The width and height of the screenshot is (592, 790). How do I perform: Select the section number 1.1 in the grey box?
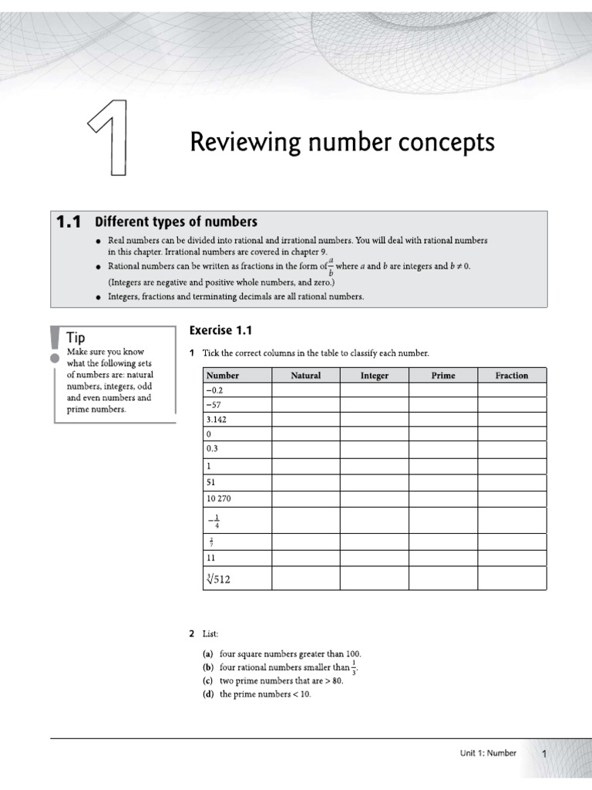click(x=69, y=222)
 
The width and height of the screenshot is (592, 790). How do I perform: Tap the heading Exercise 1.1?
click(x=220, y=330)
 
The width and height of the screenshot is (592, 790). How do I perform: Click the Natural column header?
click(x=305, y=376)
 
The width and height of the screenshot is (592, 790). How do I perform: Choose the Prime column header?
click(x=443, y=376)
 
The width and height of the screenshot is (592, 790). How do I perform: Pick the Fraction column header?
click(x=512, y=376)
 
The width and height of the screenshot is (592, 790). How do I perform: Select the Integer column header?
click(x=375, y=376)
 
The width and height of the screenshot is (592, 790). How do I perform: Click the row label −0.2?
click(x=214, y=390)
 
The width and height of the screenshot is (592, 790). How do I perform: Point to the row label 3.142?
click(x=217, y=420)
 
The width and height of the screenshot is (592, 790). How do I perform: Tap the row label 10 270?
click(x=219, y=498)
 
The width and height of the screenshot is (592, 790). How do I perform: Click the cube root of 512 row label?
click(x=218, y=579)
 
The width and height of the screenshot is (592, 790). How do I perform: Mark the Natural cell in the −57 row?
click(x=305, y=405)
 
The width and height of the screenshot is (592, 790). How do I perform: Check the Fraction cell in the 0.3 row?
click(x=512, y=448)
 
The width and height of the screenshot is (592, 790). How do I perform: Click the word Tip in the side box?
click(x=76, y=338)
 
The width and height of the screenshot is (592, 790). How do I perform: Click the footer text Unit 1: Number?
click(x=488, y=753)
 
